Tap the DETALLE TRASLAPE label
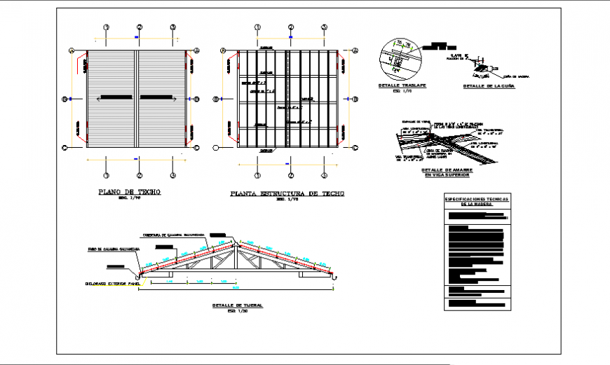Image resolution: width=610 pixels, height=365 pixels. tap(395, 85)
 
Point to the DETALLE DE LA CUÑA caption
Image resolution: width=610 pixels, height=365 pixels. tap(489, 86)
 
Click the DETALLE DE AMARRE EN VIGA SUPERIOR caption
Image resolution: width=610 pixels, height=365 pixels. tap(446, 172)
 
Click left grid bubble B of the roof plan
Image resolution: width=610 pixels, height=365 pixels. tap(65, 99)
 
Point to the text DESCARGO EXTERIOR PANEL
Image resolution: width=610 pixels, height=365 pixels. tap(111, 284)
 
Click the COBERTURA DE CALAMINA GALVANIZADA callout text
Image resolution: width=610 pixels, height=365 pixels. tap(174, 235)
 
